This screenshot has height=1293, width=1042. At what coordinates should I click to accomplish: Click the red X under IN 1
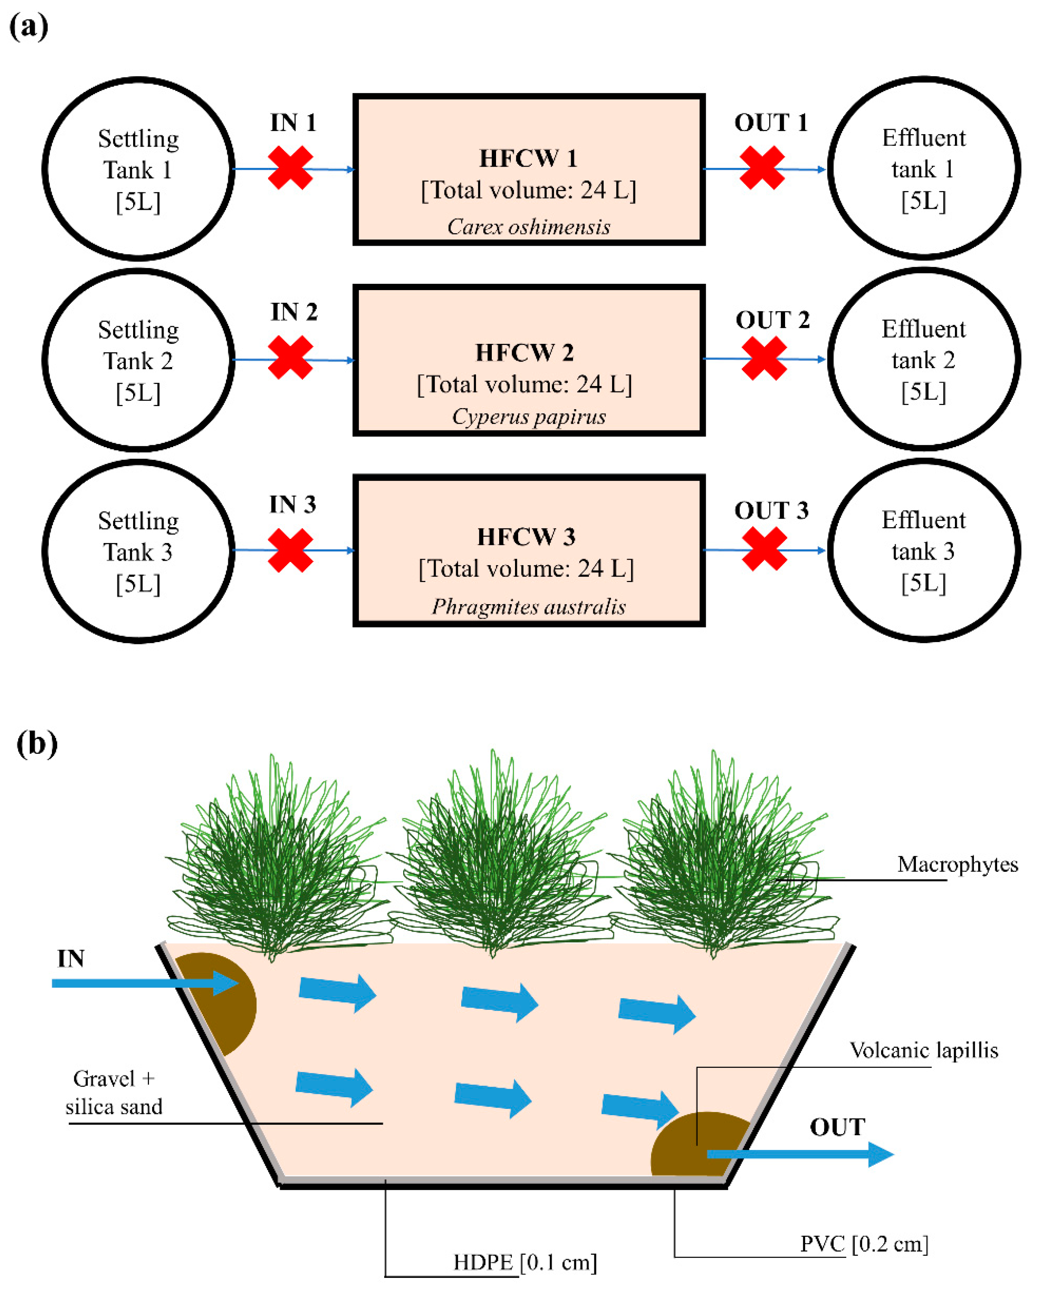pyautogui.click(x=291, y=168)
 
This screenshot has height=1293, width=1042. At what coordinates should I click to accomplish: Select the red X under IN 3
pyautogui.click(x=291, y=550)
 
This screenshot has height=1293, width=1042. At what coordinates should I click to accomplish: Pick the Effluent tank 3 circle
pyautogui.click(x=923, y=550)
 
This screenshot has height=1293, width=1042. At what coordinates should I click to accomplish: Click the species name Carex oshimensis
pyautogui.click(x=528, y=227)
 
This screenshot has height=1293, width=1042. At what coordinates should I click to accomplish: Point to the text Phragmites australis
pyautogui.click(x=528, y=606)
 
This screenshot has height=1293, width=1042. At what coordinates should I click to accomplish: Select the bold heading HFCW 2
pyautogui.click(x=525, y=352)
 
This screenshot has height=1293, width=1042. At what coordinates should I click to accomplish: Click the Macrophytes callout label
pyautogui.click(x=957, y=864)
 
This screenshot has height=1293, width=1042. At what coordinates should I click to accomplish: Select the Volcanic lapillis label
pyautogui.click(x=923, y=1050)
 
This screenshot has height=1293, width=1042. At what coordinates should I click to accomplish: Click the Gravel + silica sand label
pyautogui.click(x=114, y=1092)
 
